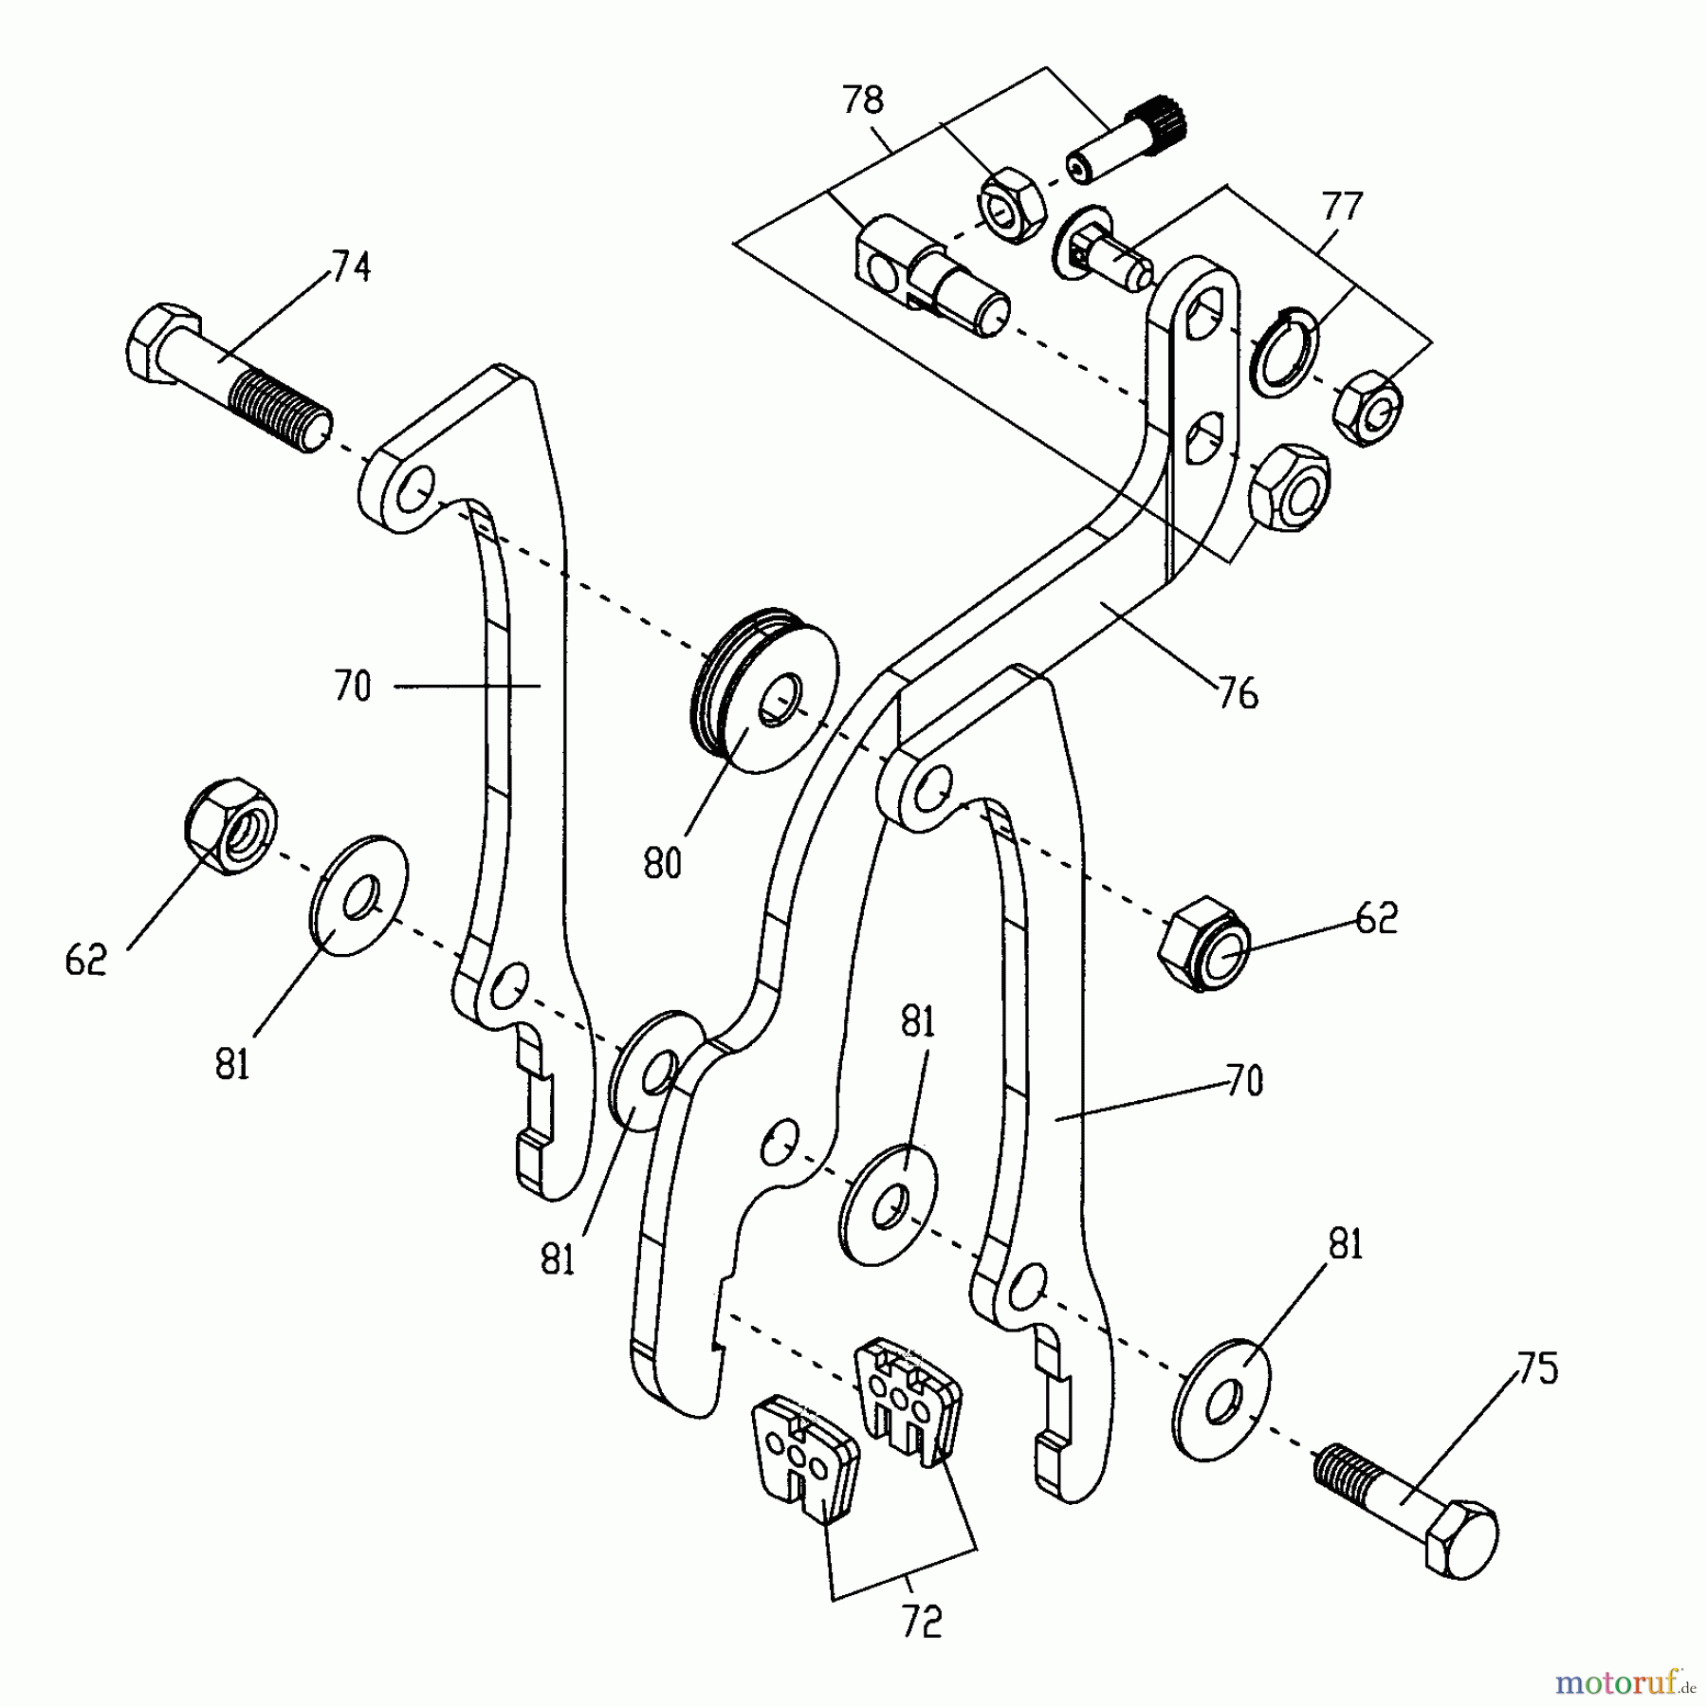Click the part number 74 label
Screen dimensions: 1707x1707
click(x=350, y=267)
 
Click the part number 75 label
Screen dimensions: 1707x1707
click(x=1536, y=1369)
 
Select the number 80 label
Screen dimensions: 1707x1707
click(x=662, y=864)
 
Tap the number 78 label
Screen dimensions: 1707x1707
click(x=862, y=101)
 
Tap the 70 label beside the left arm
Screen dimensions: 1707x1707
click(x=352, y=686)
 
